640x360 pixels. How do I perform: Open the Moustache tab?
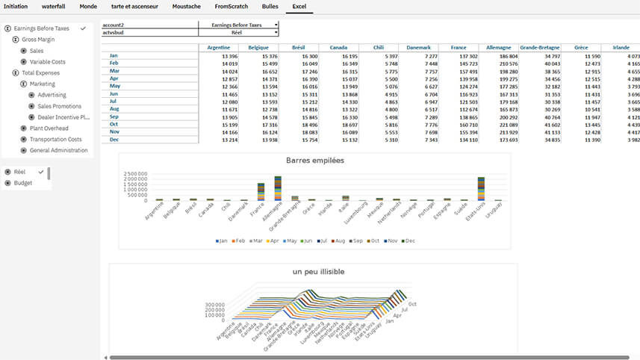tap(187, 6)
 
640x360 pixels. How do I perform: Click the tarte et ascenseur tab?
tap(134, 6)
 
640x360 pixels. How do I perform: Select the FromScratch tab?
tap(232, 6)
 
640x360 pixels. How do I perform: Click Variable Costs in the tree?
tap(48, 62)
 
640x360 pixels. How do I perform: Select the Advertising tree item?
tap(52, 96)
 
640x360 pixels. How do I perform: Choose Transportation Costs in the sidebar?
tap(55, 140)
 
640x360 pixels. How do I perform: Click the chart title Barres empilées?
tap(314, 161)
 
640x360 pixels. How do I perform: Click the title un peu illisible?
tap(319, 272)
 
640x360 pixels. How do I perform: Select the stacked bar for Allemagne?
tap(278, 188)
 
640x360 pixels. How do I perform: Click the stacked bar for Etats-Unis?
tap(482, 189)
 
